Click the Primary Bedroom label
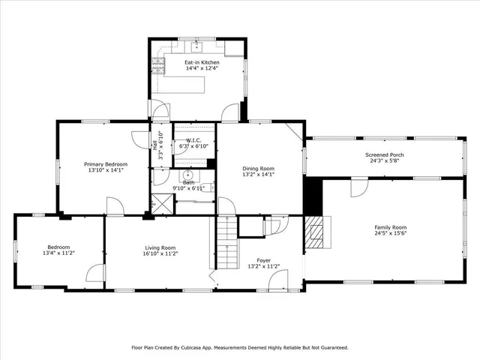click(105, 164)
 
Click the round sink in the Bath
click(188, 175)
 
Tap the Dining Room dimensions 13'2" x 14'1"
click(258, 175)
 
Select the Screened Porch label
click(385, 155)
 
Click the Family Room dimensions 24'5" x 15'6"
click(390, 233)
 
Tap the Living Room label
click(160, 247)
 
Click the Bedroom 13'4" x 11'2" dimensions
click(58, 253)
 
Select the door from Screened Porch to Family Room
click(359, 185)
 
